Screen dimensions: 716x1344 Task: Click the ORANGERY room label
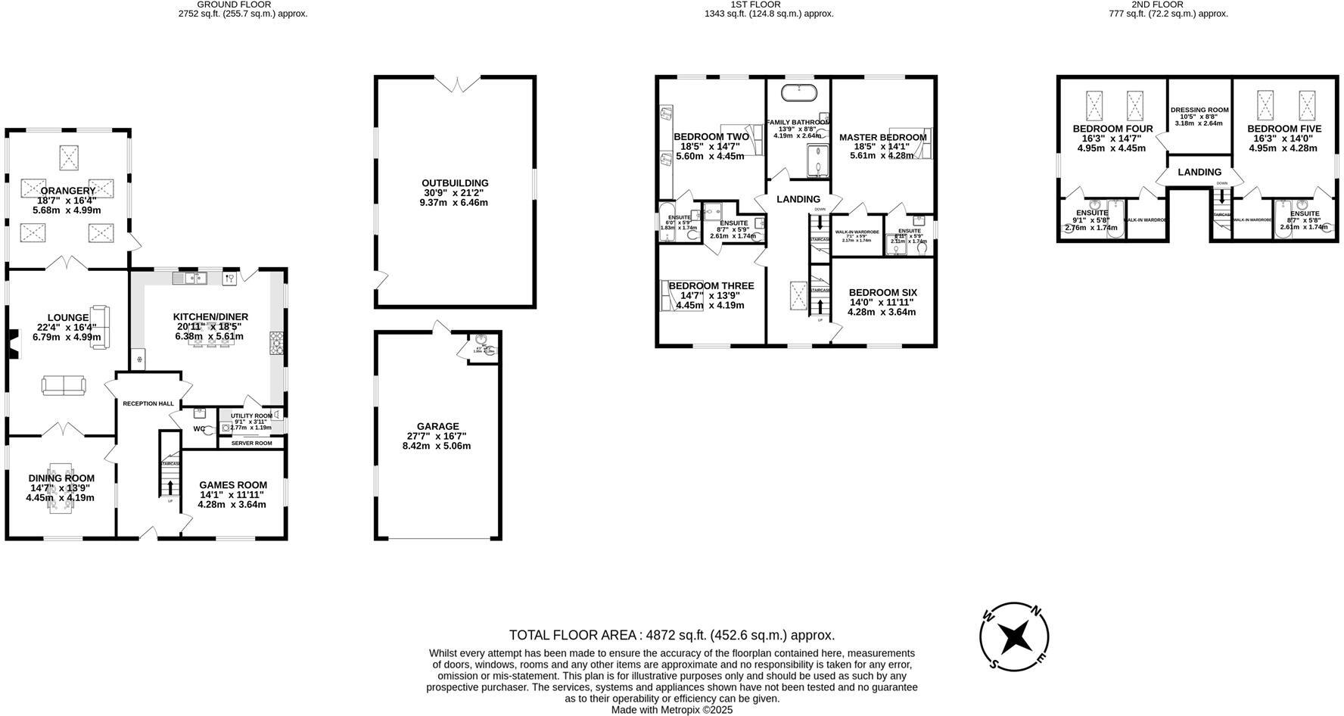click(68, 191)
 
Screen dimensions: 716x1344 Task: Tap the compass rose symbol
click(1014, 637)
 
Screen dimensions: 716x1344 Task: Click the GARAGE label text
click(437, 427)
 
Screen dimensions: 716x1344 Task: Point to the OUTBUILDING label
click(455, 183)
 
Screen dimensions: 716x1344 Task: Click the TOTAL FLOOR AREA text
click(671, 635)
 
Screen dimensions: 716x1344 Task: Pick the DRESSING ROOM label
click(1199, 111)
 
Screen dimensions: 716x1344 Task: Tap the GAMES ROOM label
click(233, 485)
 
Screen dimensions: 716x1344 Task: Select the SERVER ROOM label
click(251, 444)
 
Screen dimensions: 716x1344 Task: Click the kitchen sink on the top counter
click(190, 279)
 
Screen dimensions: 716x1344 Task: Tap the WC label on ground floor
click(199, 429)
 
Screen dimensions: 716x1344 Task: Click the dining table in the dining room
click(61, 488)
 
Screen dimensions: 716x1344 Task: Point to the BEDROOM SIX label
click(882, 292)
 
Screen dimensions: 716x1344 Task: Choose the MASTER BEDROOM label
click(882, 137)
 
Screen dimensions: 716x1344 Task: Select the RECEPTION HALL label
click(148, 404)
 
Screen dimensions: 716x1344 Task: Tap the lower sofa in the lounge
click(64, 385)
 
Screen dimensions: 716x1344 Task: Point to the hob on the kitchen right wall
click(276, 344)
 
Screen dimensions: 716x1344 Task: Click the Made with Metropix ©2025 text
click(671, 710)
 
